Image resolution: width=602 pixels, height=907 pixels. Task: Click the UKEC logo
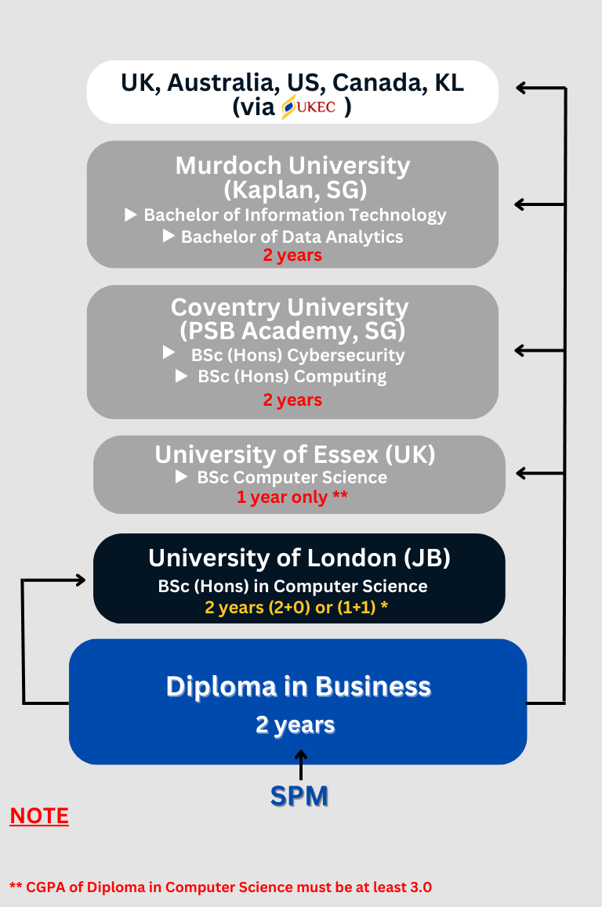click(x=309, y=107)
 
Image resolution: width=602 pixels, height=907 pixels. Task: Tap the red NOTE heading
click(x=39, y=816)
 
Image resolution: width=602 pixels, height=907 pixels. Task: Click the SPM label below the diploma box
click(x=299, y=796)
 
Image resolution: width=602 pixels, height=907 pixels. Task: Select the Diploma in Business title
click(x=299, y=687)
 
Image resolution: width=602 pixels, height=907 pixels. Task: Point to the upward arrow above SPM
click(x=301, y=764)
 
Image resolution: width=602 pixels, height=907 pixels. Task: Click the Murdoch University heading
click(x=293, y=165)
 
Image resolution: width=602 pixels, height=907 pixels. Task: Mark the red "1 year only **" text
click(x=292, y=497)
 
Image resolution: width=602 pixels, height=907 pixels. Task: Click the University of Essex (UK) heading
click(x=296, y=454)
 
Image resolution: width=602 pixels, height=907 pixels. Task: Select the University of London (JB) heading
click(x=299, y=558)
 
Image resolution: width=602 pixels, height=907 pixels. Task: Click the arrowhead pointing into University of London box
click(x=81, y=580)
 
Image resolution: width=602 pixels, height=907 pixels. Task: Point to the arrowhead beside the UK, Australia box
click(x=521, y=88)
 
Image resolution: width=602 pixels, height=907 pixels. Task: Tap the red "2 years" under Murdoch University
click(x=292, y=255)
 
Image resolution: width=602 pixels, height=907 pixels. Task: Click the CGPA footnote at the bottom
click(x=220, y=887)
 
